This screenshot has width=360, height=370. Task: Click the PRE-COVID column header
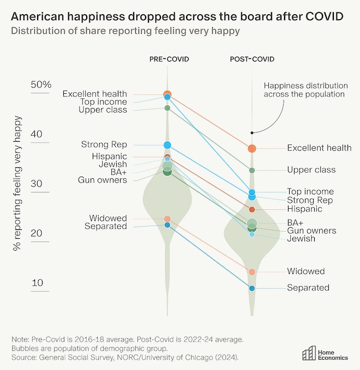tap(169, 59)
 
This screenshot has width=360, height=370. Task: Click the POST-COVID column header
tap(252, 59)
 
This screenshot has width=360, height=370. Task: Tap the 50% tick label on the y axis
tap(41, 85)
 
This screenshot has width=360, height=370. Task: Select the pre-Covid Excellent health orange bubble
tap(167, 94)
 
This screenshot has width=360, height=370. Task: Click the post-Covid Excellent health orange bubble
tap(252, 148)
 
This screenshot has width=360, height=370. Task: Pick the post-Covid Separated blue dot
tap(252, 288)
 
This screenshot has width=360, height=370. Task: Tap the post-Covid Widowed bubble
tap(252, 272)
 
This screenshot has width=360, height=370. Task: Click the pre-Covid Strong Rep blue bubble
tap(167, 145)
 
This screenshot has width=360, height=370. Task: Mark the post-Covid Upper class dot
tap(252, 171)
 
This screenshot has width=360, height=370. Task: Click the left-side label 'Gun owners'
tap(103, 180)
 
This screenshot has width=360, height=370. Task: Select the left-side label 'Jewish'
tap(113, 165)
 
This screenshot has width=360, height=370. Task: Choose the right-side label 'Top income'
tap(310, 192)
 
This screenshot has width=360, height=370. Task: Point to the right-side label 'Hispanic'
tap(304, 209)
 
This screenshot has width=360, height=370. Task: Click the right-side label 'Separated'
tap(308, 288)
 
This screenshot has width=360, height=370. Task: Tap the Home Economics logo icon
tap(309, 353)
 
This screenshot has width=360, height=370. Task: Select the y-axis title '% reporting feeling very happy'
tap(19, 183)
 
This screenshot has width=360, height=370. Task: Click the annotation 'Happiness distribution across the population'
tap(305, 90)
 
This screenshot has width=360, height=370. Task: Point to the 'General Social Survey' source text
tap(80, 357)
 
